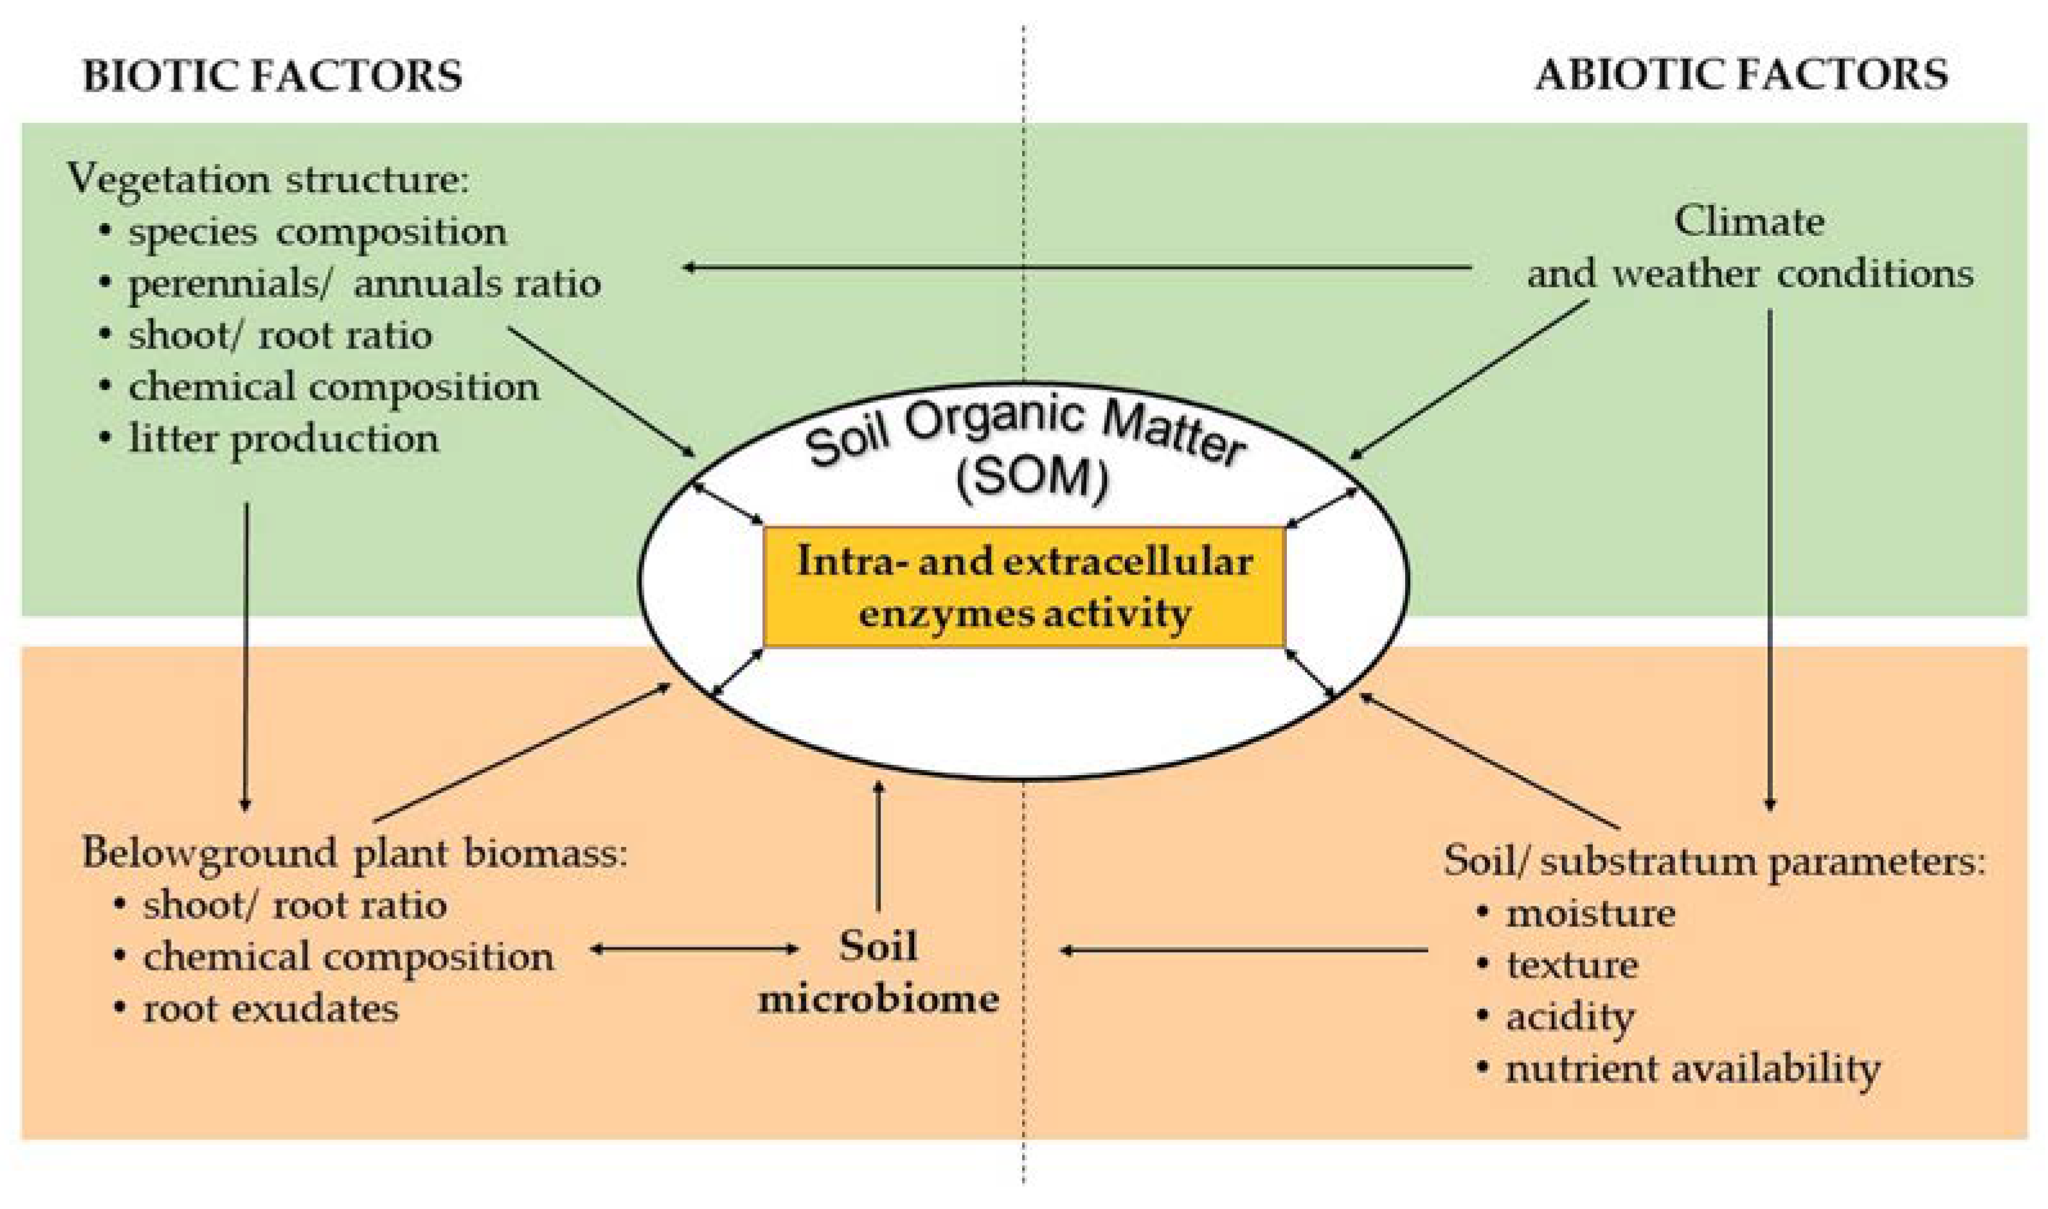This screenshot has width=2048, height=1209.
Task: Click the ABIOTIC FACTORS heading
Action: click(x=1741, y=76)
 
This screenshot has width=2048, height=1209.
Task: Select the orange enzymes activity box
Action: click(x=1024, y=587)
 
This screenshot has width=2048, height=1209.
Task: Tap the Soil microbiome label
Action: click(x=878, y=972)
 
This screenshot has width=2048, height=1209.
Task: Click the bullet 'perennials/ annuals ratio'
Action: click(x=363, y=284)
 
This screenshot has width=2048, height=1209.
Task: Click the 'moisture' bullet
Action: click(x=1590, y=913)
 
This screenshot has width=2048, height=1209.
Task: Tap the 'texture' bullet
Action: click(x=1572, y=965)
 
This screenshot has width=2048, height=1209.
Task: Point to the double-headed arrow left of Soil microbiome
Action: click(x=695, y=949)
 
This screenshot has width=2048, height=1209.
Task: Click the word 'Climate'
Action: click(x=1748, y=222)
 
